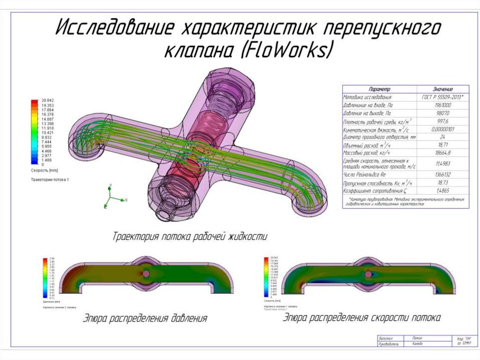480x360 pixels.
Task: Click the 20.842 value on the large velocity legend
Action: point(48,100)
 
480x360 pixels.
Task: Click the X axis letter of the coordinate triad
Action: point(127,200)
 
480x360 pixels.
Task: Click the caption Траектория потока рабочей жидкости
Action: point(190,237)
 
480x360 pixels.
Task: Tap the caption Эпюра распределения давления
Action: point(145,319)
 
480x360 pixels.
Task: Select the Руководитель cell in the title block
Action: point(390,344)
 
